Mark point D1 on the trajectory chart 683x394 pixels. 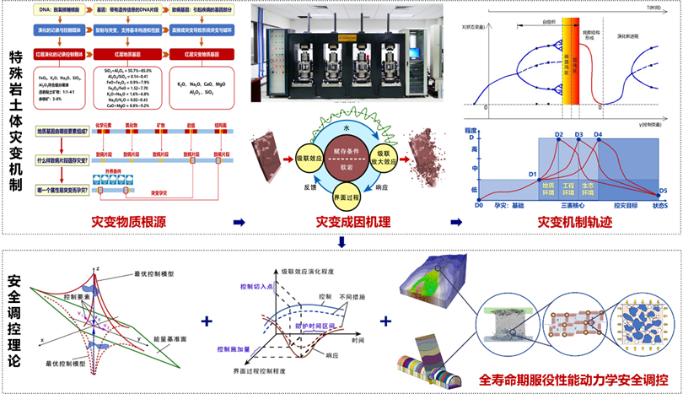[x=533, y=175]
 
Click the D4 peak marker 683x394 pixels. [x=598, y=135]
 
